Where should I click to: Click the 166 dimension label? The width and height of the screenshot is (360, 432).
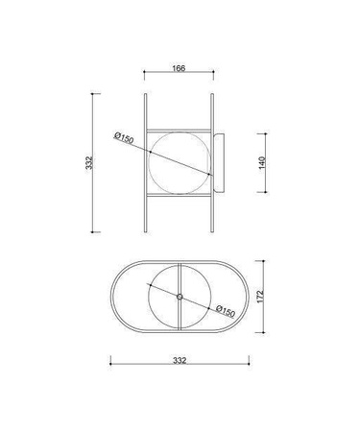tap(179, 68)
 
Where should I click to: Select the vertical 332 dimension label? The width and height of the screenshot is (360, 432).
tap(89, 162)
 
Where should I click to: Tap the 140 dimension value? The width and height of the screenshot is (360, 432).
tap(262, 162)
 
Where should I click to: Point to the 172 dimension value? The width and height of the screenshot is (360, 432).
tap(260, 297)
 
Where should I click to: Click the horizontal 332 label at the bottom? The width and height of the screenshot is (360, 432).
tap(180, 360)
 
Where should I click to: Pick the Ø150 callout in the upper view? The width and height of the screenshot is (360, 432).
tap(124, 138)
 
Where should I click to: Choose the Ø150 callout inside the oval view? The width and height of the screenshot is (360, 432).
tap(226, 311)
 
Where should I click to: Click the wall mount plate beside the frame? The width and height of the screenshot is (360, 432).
tap(219, 163)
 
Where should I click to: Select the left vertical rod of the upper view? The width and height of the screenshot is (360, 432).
tap(146, 163)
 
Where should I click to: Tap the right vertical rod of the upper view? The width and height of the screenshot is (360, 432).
tap(212, 163)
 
